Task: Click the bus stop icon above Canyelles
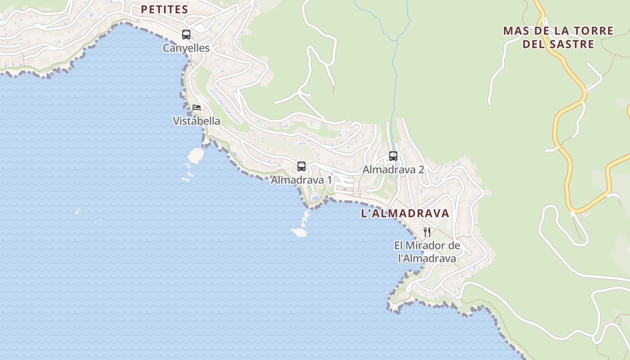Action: [x=186, y=34]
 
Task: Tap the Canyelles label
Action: [x=186, y=48]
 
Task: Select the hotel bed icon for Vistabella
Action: [x=197, y=107]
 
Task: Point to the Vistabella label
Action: [x=197, y=121]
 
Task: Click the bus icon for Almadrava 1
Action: [x=301, y=166]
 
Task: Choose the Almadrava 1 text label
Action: [x=301, y=180]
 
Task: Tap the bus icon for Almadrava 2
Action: [x=393, y=156]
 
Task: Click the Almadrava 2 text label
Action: [x=393, y=170]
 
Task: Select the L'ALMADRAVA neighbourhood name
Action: [x=405, y=213]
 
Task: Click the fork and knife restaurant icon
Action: [x=427, y=232]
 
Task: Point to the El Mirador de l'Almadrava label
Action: [x=427, y=252]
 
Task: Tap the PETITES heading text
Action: [x=164, y=9]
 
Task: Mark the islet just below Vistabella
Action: [x=196, y=155]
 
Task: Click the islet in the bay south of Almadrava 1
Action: [x=299, y=232]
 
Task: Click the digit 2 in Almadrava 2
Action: [x=421, y=170]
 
